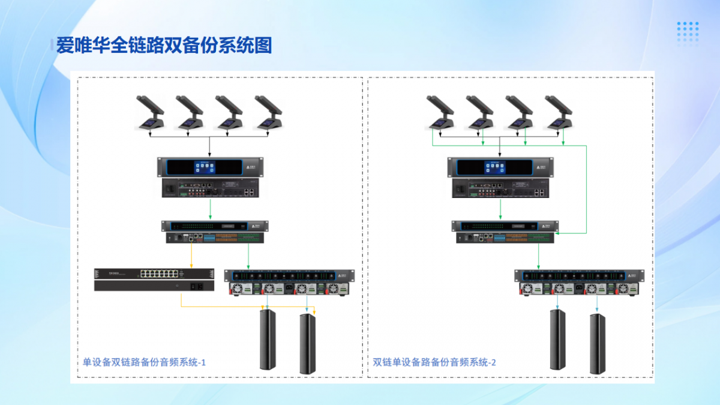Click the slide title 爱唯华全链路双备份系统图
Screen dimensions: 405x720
(x=164, y=46)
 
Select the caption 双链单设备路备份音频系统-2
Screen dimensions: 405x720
(x=434, y=362)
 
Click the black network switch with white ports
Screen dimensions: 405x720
(x=154, y=280)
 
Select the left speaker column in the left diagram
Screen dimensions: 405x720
(x=268, y=339)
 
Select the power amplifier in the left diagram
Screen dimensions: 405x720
(x=289, y=283)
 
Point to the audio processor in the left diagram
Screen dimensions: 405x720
(x=214, y=232)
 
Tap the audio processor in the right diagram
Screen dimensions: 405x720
(x=505, y=232)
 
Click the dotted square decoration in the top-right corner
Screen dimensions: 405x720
(x=688, y=34)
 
